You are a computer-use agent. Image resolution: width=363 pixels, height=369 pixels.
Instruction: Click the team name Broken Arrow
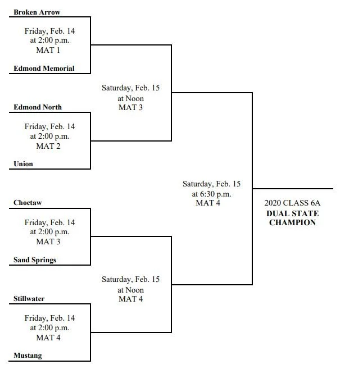37,12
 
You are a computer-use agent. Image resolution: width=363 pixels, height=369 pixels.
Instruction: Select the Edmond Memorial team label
44,69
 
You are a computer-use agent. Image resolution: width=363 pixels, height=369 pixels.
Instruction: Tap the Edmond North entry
38,107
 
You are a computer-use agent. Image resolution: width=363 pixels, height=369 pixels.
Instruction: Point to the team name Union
23,164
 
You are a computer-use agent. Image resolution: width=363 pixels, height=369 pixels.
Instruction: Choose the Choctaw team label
28,203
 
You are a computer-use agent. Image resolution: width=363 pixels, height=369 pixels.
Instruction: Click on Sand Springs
35,260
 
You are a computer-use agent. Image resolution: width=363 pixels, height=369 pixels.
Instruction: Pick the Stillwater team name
29,299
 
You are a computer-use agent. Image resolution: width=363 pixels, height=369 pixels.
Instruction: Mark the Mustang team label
28,356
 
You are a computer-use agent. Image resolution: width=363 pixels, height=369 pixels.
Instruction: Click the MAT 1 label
48,50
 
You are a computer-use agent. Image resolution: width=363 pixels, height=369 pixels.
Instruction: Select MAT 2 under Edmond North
48,147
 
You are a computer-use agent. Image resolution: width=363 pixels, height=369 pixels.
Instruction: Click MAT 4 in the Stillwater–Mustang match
48,338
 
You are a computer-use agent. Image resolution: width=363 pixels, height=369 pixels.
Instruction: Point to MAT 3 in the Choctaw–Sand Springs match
48,242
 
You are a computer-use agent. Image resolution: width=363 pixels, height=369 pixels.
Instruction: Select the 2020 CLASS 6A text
292,203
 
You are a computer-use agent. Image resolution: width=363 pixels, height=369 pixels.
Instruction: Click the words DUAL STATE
293,213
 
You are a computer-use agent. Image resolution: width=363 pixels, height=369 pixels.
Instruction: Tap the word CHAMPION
293,222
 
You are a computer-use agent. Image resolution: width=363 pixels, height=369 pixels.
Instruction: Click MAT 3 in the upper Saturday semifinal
131,107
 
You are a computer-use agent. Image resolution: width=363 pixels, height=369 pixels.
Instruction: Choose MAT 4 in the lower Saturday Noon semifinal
131,299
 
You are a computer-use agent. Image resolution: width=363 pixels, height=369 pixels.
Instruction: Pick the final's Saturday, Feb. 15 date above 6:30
212,184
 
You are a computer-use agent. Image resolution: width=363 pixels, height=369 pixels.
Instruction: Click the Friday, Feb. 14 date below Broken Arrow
49,31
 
